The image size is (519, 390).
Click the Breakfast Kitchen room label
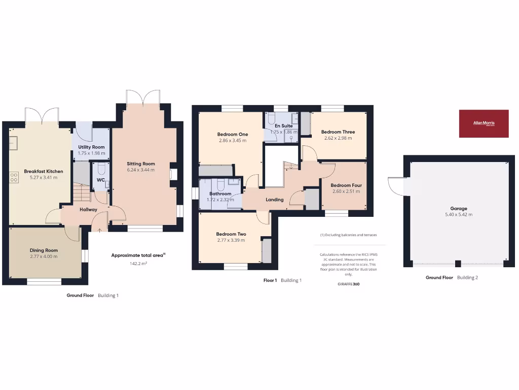[41, 172]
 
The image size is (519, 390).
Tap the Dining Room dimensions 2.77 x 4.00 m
[44, 256]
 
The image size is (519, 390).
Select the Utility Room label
[91, 147]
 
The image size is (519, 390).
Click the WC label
[100, 180]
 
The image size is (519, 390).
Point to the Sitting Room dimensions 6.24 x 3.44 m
[141, 170]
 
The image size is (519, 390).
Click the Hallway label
[88, 210]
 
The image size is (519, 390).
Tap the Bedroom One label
[233, 134]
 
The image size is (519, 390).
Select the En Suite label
[283, 125]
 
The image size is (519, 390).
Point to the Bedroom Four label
[346, 185]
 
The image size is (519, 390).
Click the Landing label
[275, 200]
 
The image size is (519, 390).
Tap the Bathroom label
[220, 193]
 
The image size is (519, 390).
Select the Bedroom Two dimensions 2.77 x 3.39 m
[231, 240]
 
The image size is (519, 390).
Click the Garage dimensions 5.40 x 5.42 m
[459, 214]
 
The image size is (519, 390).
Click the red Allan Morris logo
[484, 123]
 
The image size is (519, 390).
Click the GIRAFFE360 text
[348, 284]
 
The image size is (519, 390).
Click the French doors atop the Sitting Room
[143, 97]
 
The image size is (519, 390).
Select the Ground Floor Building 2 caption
[452, 277]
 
